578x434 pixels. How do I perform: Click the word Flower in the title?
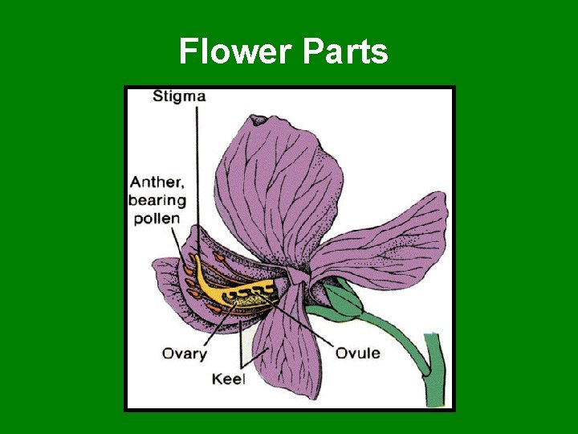[237, 52]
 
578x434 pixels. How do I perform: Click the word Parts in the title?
[346, 52]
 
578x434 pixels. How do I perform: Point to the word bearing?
[158, 199]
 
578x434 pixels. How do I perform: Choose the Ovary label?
[185, 352]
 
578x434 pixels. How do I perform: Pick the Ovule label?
[357, 352]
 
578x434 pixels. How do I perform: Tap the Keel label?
[229, 378]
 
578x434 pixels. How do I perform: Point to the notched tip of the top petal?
[258, 121]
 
